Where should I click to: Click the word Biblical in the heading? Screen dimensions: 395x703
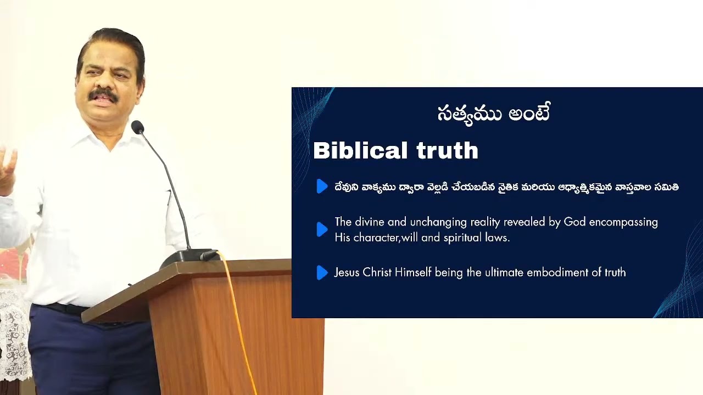(x=360, y=151)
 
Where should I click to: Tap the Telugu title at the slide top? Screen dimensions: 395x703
(x=493, y=114)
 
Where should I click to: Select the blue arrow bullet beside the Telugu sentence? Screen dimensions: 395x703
(x=322, y=187)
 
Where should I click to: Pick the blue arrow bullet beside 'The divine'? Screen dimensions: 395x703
(x=322, y=229)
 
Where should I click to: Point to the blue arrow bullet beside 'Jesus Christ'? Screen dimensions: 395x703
(x=322, y=272)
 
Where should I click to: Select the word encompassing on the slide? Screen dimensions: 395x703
(x=623, y=222)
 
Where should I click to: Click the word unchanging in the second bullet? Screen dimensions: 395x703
(x=437, y=222)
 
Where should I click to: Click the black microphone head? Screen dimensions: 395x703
(x=137, y=127)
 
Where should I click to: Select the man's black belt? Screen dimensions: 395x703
(x=60, y=308)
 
